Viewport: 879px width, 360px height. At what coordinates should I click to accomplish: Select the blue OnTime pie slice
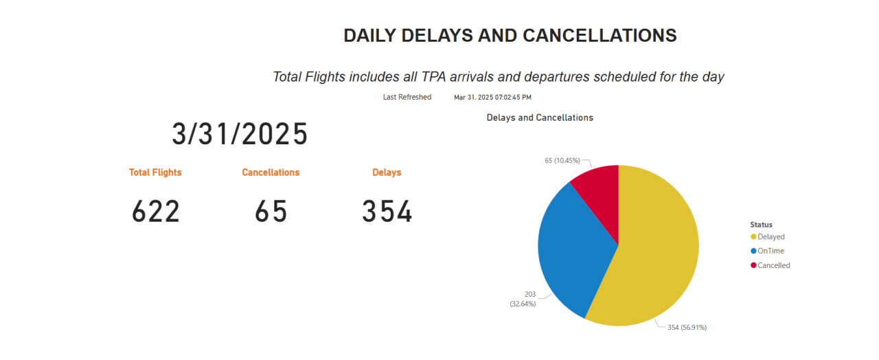(570, 247)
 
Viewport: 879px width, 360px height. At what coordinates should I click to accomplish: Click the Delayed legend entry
(770, 237)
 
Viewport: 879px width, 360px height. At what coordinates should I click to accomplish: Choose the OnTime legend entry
(770, 251)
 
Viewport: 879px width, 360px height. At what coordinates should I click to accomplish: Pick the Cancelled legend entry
(773, 266)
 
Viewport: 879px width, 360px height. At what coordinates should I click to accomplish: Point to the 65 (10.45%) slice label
(562, 161)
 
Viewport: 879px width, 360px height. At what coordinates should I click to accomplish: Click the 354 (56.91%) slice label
(687, 328)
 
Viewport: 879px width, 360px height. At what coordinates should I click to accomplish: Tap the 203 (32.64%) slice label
(523, 299)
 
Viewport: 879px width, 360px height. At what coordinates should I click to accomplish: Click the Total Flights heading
(155, 172)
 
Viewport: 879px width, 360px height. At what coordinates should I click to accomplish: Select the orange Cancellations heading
(271, 172)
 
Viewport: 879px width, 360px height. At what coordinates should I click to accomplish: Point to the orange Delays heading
(387, 172)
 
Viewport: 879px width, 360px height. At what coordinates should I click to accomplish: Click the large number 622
(156, 212)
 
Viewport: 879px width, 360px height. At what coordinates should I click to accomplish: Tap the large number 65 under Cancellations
(271, 212)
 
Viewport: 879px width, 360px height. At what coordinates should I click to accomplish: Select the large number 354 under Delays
(387, 212)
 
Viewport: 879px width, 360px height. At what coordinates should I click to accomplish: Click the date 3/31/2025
(240, 134)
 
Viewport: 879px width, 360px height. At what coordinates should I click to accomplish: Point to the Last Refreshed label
(407, 98)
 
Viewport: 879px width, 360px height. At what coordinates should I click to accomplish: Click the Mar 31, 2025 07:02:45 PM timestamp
(492, 98)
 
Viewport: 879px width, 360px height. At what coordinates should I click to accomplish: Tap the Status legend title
(761, 225)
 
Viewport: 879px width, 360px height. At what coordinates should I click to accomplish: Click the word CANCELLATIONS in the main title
(600, 36)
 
